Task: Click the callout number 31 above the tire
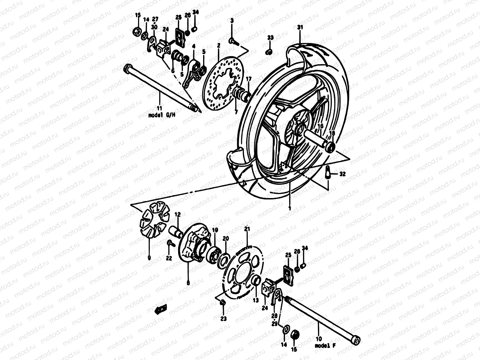coord(300,27)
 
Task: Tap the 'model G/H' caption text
coord(159,115)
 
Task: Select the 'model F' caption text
coord(325,346)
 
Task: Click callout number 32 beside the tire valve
coord(343,174)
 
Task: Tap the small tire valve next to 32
coord(328,173)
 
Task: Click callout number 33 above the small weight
coord(270,38)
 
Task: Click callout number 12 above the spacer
coord(178,214)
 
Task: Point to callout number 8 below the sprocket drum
coord(188,282)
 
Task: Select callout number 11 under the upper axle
coord(159,108)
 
